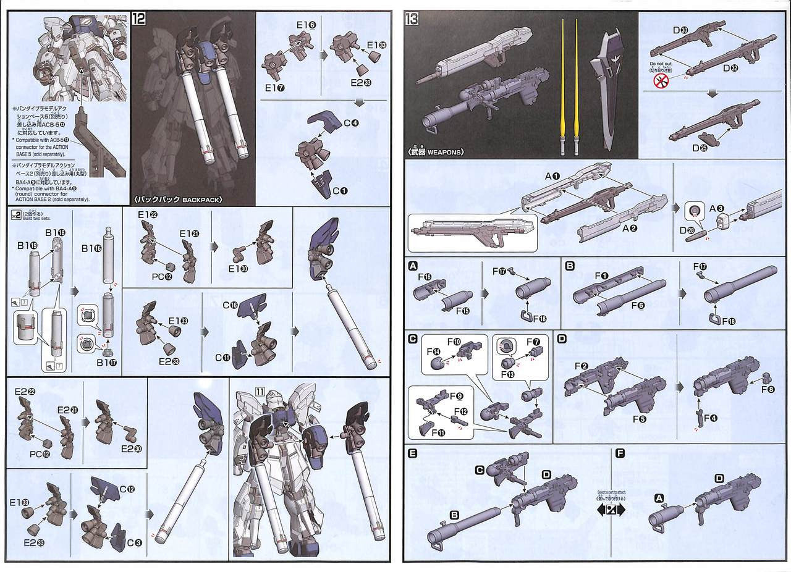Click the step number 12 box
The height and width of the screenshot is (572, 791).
click(x=139, y=19)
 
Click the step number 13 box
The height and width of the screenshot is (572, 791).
click(x=412, y=19)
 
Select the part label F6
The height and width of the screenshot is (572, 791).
click(x=637, y=305)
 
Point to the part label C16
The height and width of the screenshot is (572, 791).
click(x=230, y=306)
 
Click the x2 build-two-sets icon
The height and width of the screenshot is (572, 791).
click(x=17, y=214)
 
